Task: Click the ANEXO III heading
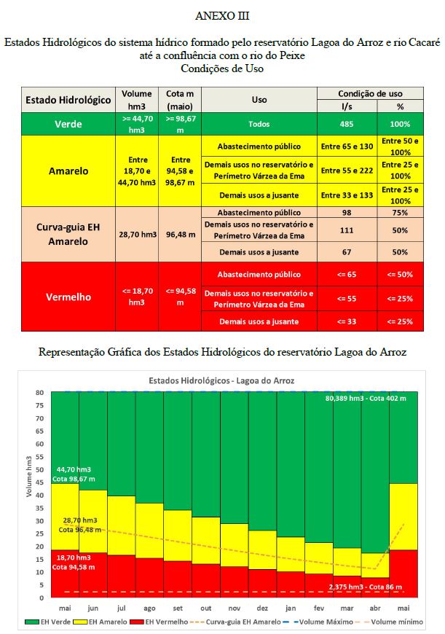point(222,15)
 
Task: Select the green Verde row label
point(68,124)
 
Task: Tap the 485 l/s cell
point(347,124)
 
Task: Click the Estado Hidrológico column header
point(68,99)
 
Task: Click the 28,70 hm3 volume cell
point(137,235)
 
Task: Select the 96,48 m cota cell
point(179,235)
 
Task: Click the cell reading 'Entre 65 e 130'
point(347,146)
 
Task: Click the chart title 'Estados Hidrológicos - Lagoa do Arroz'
point(221,380)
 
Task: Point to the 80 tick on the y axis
point(41,393)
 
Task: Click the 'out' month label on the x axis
point(206,607)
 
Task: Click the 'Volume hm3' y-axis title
point(30,495)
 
